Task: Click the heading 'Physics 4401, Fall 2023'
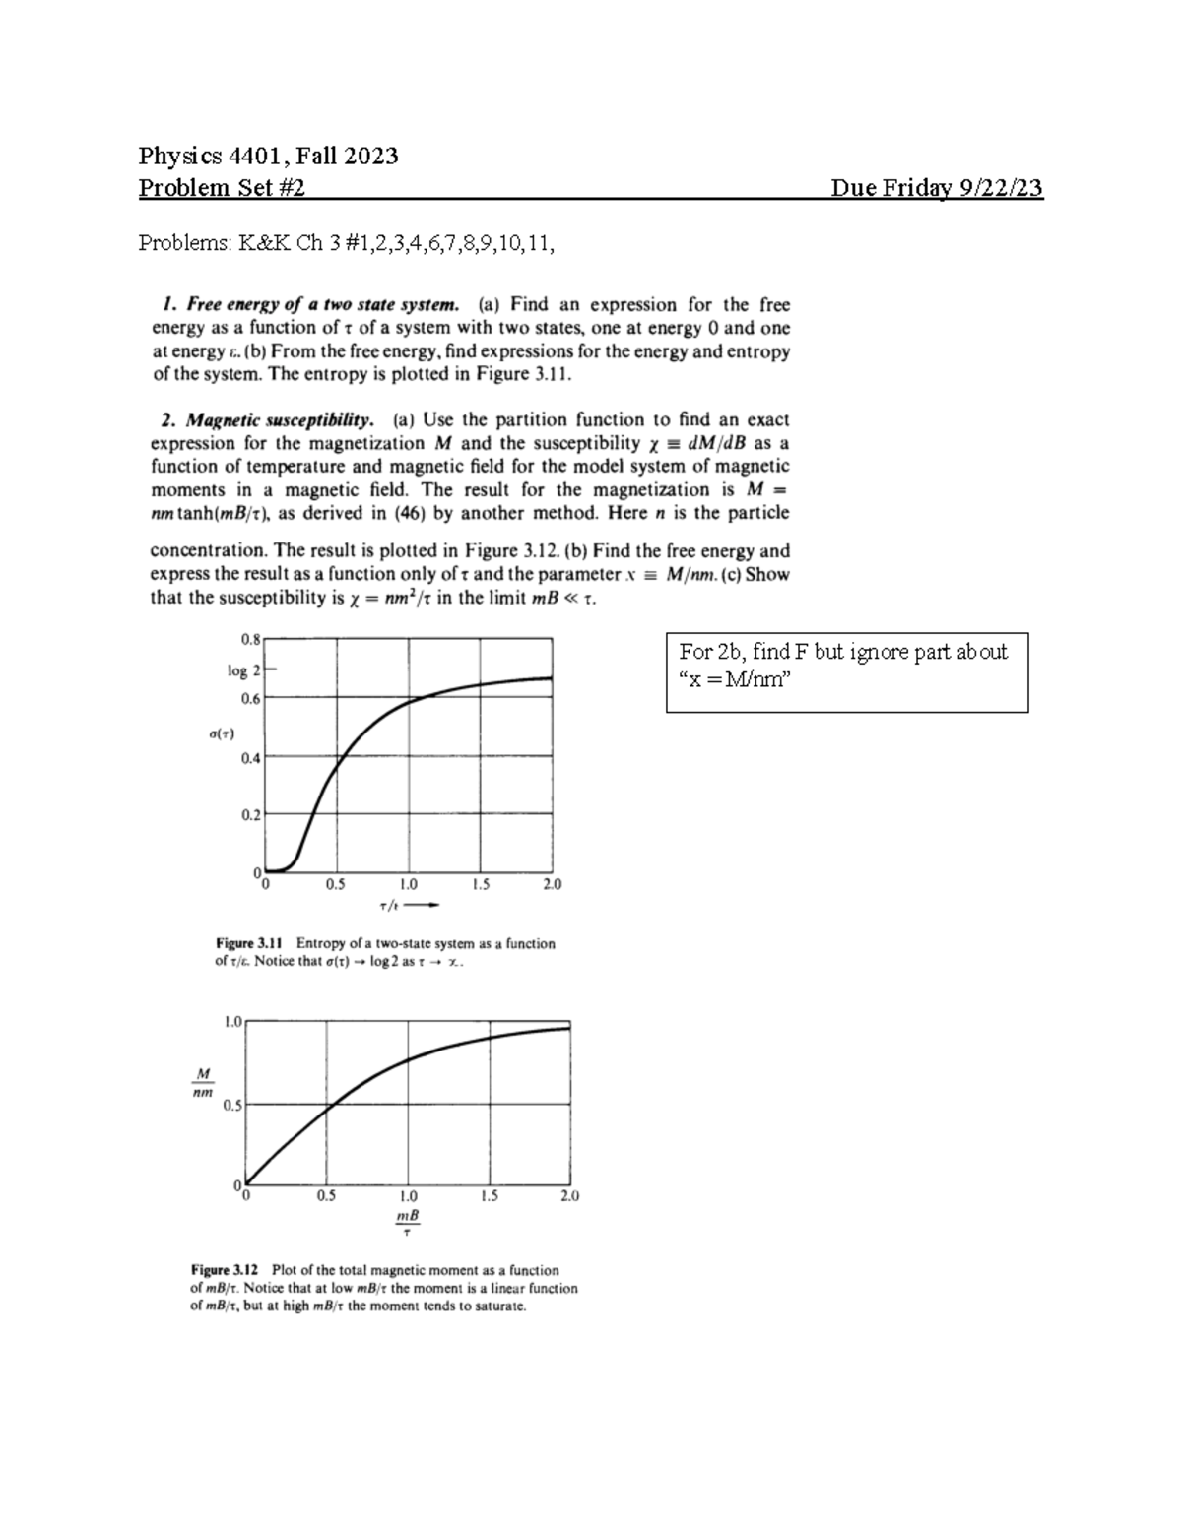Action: (268, 156)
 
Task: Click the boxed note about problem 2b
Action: (846, 671)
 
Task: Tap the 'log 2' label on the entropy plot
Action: (243, 670)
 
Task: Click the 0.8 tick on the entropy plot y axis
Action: (250, 638)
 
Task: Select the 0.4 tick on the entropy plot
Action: (250, 758)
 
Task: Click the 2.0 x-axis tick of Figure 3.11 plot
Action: (552, 884)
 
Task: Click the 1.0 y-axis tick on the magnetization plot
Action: (232, 1022)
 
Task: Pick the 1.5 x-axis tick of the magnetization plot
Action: (489, 1196)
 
